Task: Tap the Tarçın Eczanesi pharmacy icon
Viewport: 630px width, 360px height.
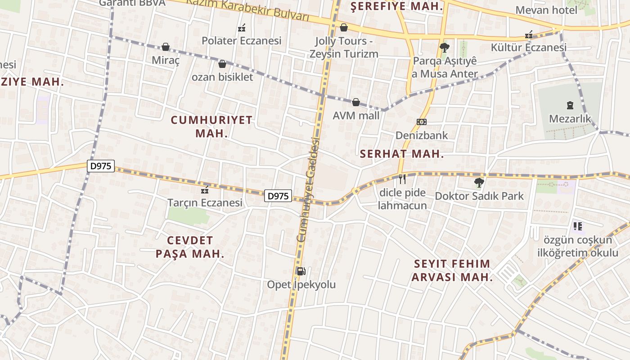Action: (x=206, y=189)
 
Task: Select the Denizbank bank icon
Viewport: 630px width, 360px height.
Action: (x=422, y=121)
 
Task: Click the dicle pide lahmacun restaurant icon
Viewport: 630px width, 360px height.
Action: (x=402, y=179)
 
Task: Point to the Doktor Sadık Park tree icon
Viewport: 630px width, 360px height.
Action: (x=479, y=183)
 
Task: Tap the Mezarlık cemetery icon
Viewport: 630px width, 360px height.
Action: (x=570, y=105)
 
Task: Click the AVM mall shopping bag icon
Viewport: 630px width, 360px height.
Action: (x=356, y=102)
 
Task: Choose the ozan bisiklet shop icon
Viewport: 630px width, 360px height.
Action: (x=222, y=64)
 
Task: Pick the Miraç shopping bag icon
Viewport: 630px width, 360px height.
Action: (x=166, y=47)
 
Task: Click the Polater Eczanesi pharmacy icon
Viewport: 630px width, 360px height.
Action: (x=242, y=28)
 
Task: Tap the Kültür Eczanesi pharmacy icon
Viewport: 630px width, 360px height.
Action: (x=529, y=35)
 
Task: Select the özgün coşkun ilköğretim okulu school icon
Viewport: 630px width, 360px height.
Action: (x=577, y=226)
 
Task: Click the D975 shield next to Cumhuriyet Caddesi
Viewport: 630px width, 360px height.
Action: (x=278, y=196)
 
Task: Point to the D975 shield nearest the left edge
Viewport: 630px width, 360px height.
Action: (x=101, y=166)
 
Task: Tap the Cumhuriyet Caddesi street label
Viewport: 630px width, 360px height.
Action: (x=308, y=189)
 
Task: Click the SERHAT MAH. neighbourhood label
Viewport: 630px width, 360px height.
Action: (x=402, y=154)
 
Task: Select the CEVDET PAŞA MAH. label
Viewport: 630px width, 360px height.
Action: (x=190, y=247)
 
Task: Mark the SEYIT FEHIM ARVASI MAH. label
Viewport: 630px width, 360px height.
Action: (x=452, y=270)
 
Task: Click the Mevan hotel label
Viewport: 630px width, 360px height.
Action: (x=546, y=10)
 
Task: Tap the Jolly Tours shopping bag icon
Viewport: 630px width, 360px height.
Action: (x=344, y=27)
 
